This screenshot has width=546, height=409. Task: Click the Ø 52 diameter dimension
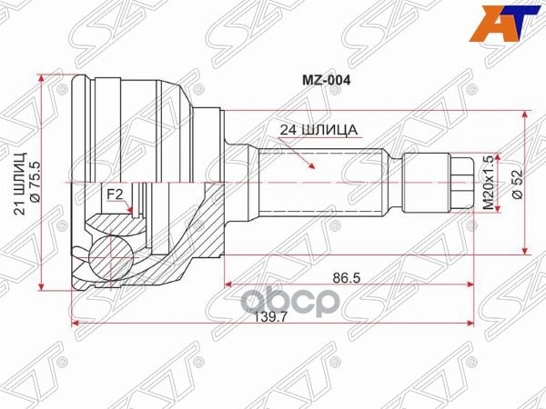(515, 183)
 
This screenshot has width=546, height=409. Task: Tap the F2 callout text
(116, 194)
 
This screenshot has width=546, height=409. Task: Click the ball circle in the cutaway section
(114, 252)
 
